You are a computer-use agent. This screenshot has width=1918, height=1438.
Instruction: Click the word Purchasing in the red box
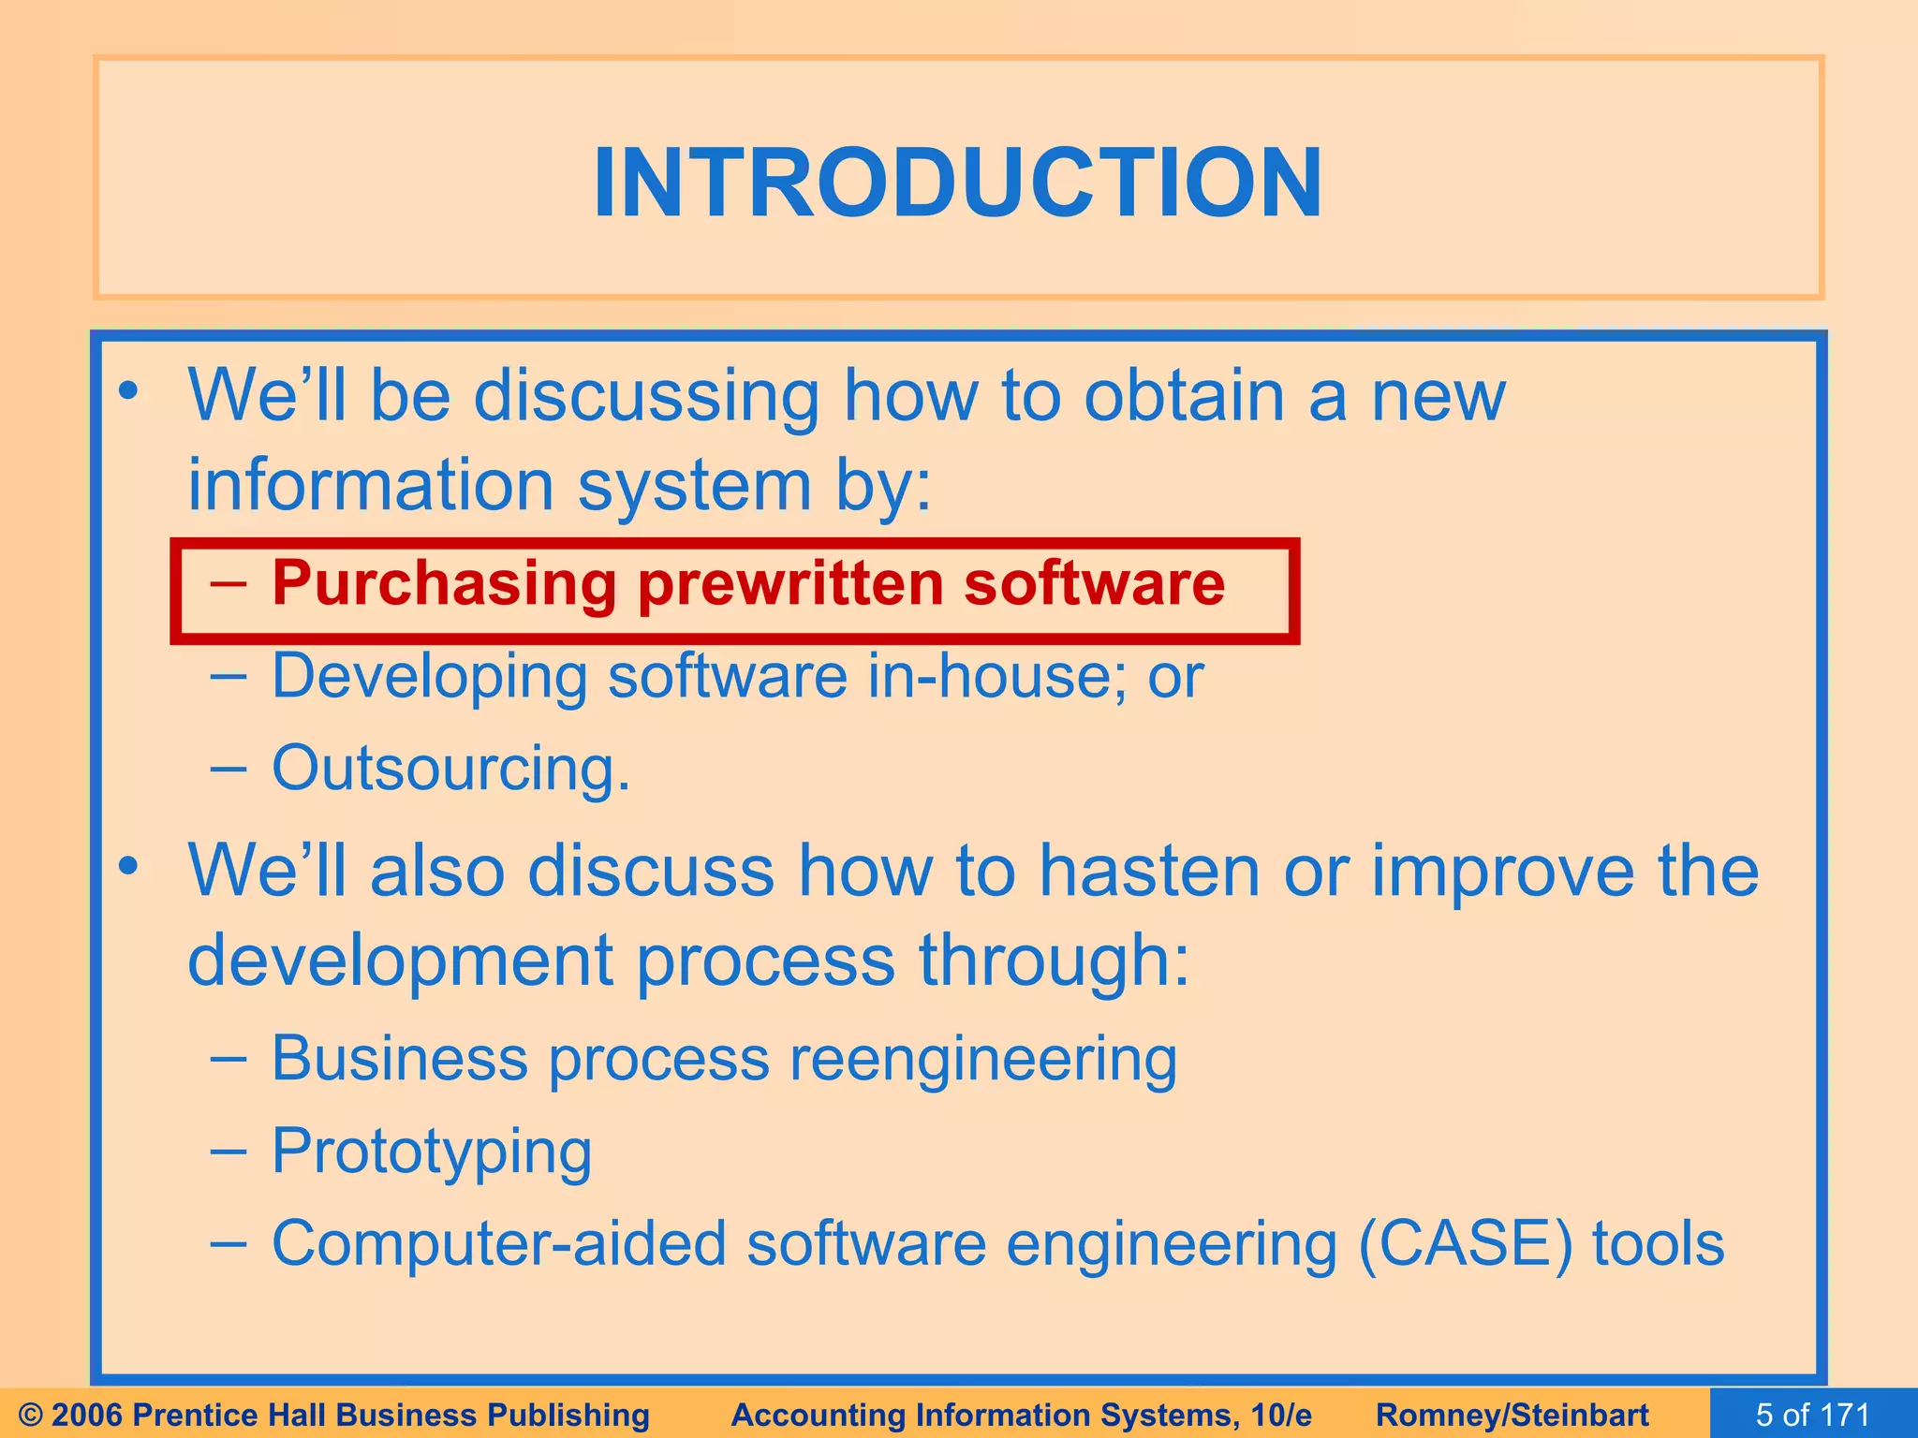(x=444, y=584)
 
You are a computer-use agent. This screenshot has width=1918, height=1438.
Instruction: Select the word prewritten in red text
(x=790, y=584)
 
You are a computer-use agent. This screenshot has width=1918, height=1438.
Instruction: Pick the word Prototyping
(x=432, y=1152)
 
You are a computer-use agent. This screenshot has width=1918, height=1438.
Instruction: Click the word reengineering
(x=983, y=1061)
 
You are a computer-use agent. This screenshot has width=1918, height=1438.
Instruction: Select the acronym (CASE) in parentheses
(x=1465, y=1244)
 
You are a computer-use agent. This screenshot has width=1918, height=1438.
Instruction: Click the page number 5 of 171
(x=1812, y=1415)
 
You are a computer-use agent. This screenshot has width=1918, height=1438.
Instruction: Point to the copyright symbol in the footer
(x=31, y=1415)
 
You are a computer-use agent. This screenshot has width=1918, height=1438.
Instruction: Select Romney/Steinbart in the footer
(x=1512, y=1415)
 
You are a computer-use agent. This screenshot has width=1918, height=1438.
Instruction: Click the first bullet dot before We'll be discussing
(x=129, y=392)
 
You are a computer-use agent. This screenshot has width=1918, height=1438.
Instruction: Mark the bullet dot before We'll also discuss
(x=129, y=867)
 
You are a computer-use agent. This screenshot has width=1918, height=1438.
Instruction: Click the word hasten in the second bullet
(x=1149, y=871)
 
